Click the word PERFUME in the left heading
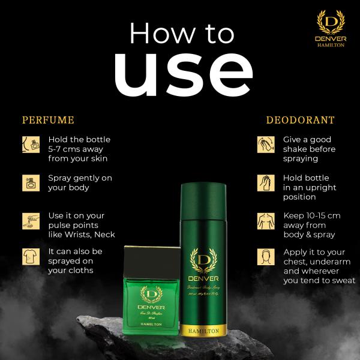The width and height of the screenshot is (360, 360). coord(48,120)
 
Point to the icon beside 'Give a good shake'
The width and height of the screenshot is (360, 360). coord(265,144)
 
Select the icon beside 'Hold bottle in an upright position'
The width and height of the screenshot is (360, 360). coord(265,182)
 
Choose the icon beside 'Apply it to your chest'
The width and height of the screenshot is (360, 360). coord(265,257)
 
